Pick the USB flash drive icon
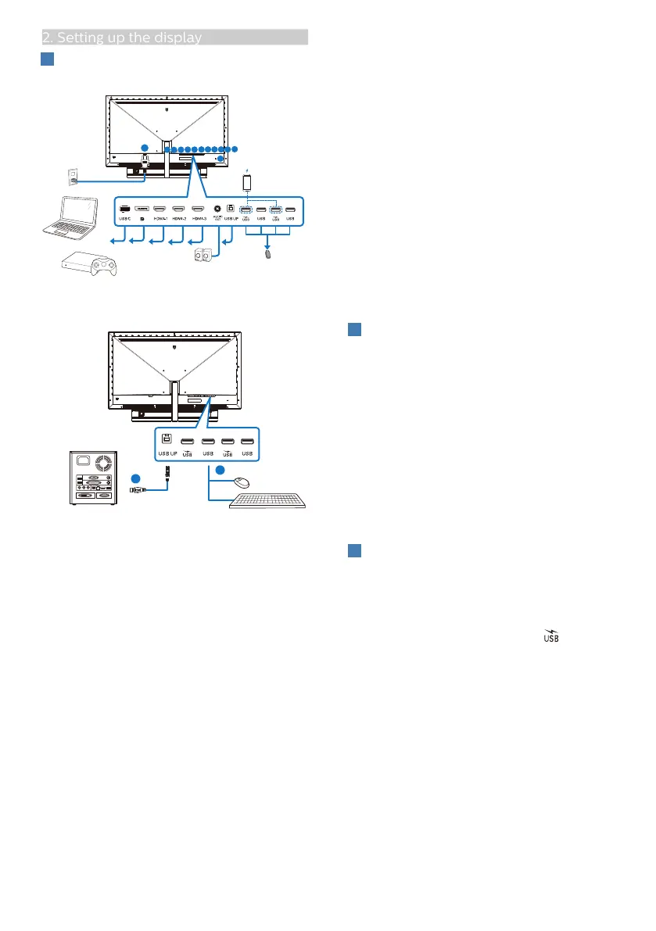tap(270, 253)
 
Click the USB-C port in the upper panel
tap(124, 209)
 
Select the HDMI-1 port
tap(160, 209)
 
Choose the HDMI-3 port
tap(197, 209)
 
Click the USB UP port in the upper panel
tap(230, 209)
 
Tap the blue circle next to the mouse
tap(220, 471)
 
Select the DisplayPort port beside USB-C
tap(142, 209)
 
